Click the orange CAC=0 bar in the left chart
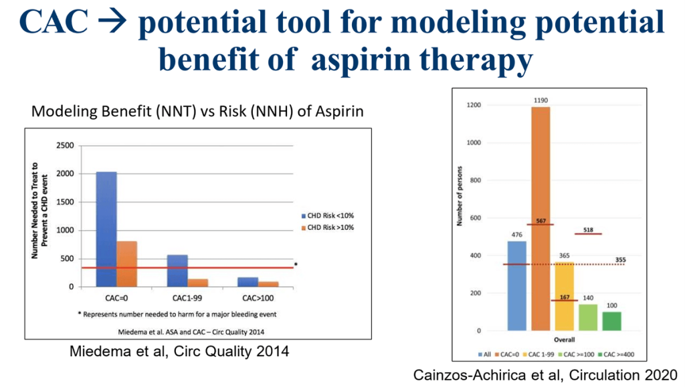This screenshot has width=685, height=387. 126,264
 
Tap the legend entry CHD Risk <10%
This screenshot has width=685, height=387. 330,216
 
